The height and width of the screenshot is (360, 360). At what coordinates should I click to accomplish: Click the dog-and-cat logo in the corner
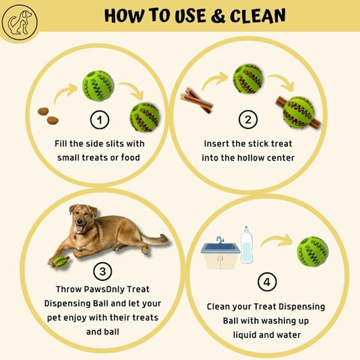pyautogui.click(x=20, y=23)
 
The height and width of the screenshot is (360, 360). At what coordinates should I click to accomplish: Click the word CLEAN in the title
pyautogui.click(x=257, y=16)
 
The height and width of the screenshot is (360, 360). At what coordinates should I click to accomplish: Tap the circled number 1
pyautogui.click(x=100, y=119)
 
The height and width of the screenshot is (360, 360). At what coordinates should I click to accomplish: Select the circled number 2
pyautogui.click(x=248, y=119)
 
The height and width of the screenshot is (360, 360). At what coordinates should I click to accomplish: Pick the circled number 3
pyautogui.click(x=103, y=271)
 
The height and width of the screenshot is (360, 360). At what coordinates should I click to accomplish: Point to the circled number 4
pyautogui.click(x=267, y=282)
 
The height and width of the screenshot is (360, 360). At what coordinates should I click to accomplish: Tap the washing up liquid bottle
pyautogui.click(x=247, y=245)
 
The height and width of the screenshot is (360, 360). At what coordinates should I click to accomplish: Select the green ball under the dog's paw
pyautogui.click(x=61, y=262)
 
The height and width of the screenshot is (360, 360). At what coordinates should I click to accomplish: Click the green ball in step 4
pyautogui.click(x=312, y=252)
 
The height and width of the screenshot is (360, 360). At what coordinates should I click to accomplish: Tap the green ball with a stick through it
pyautogui.click(x=298, y=113)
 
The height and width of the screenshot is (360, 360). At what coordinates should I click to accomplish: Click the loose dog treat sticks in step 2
pyautogui.click(x=196, y=100)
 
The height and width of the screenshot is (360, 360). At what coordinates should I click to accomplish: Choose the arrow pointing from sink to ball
pyautogui.click(x=277, y=241)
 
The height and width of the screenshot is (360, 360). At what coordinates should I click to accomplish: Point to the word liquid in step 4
pyautogui.click(x=245, y=335)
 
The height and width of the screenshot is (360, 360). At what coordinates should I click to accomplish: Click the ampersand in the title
pyautogui.click(x=218, y=16)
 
